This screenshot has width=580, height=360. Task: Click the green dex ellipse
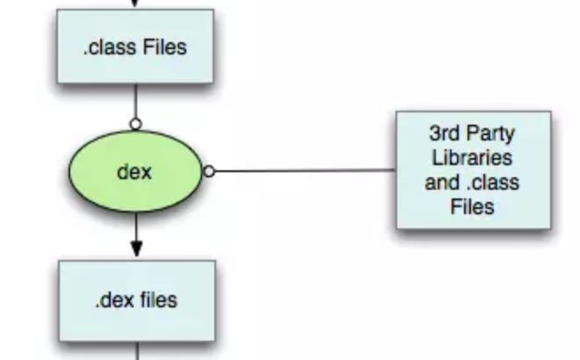97,172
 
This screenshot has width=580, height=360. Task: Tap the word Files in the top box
165,47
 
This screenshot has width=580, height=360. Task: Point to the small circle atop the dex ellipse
136,124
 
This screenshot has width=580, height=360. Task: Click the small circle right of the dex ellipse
209,171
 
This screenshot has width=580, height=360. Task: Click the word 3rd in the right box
445,134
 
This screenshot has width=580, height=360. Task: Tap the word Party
493,134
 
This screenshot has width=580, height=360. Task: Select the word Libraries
473,159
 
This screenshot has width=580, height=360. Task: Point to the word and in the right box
442,184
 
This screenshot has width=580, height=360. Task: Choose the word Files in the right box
473,208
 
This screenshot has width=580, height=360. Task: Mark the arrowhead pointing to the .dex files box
136,249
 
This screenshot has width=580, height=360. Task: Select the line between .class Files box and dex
136,101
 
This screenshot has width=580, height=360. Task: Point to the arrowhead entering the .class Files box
136,4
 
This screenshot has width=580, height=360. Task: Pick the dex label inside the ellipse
134,172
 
